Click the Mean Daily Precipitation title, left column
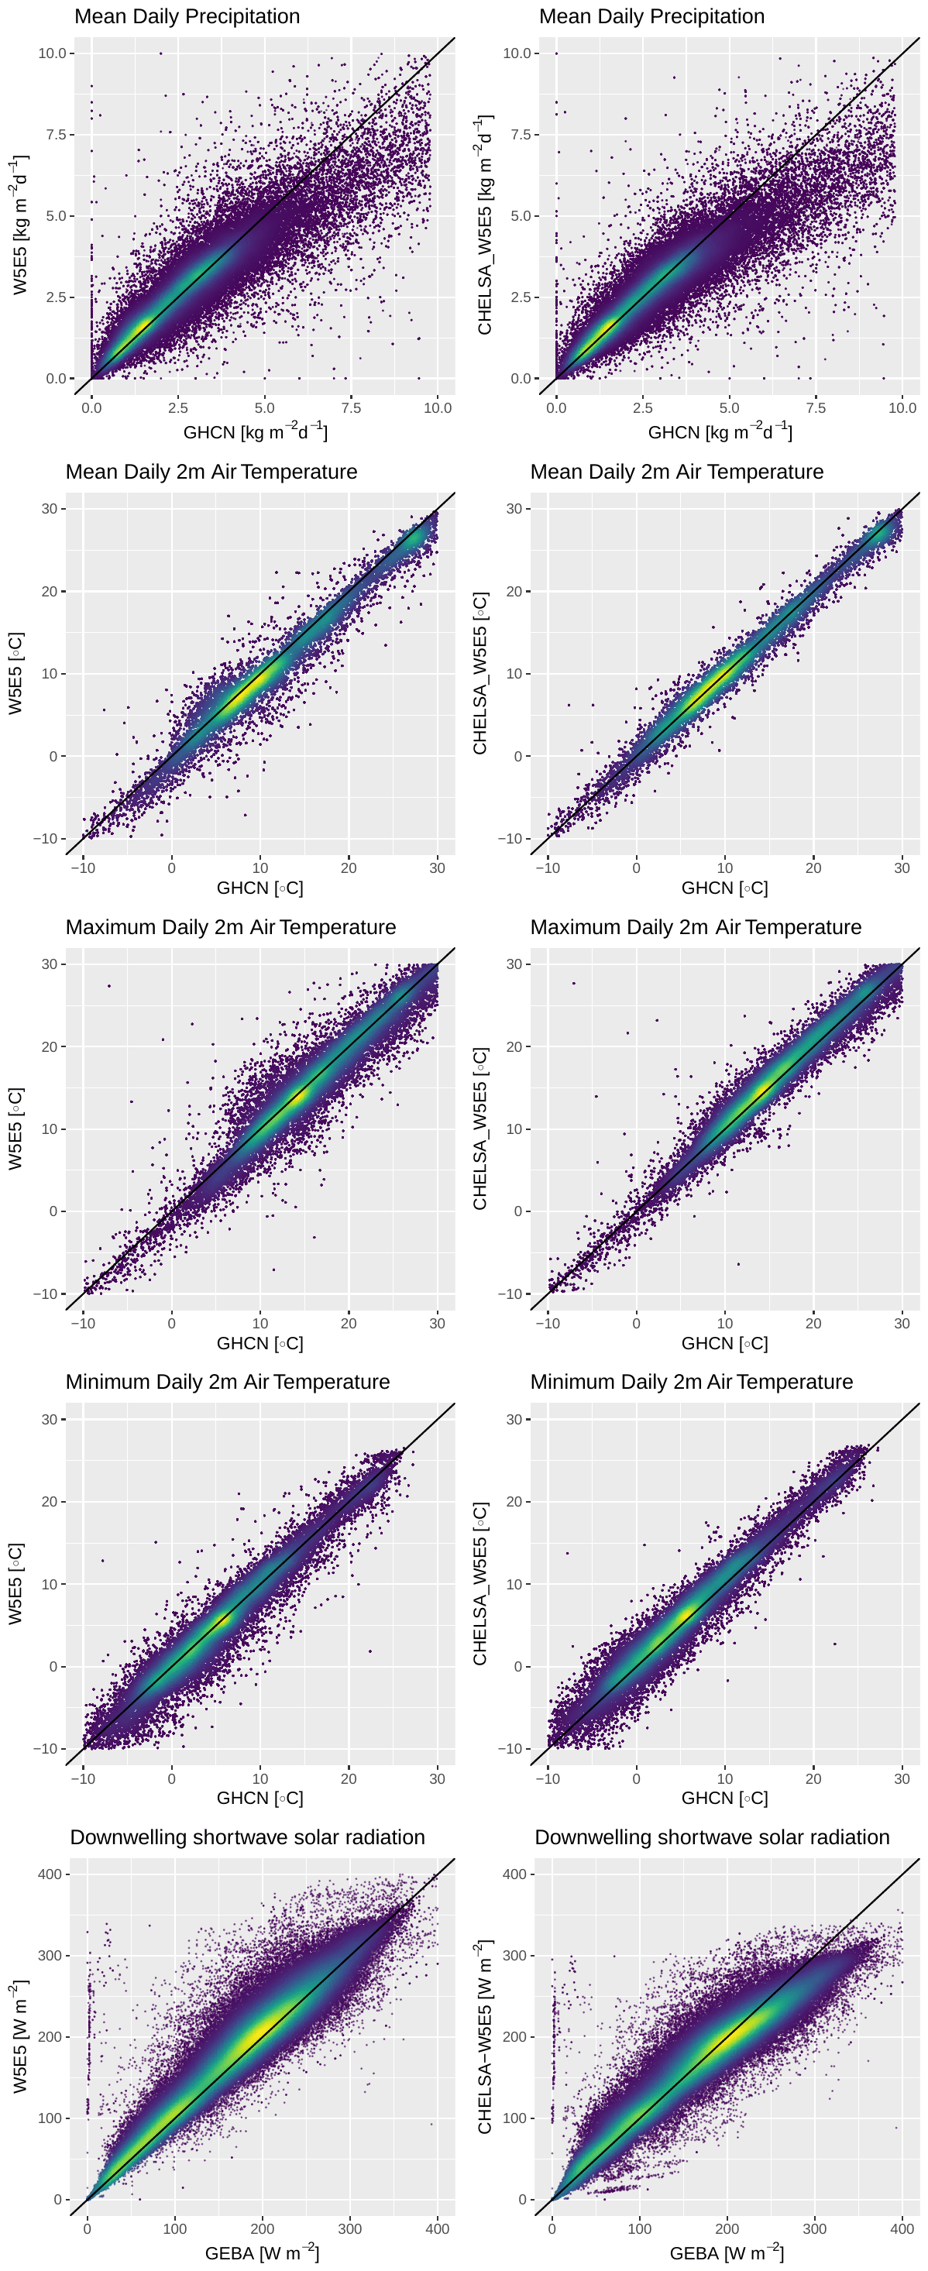click(187, 17)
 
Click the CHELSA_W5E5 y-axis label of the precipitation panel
click(484, 225)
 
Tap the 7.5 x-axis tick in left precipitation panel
click(351, 408)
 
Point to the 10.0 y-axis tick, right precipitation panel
click(517, 53)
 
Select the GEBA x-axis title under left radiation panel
click(262, 2252)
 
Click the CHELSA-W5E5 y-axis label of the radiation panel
click(484, 2037)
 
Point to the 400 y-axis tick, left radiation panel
click(50, 1874)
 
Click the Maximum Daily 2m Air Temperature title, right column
click(696, 927)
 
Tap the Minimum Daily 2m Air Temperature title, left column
click(228, 1382)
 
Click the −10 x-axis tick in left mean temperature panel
click(83, 868)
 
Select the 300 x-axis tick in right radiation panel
click(814, 2228)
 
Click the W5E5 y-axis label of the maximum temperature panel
click(15, 1129)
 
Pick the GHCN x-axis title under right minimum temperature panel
click(724, 1798)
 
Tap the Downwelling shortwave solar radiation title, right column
click(712, 1837)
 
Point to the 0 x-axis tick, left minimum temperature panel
click(172, 1778)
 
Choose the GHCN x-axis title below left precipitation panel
click(255, 432)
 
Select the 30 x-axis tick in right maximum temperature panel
click(902, 1323)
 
